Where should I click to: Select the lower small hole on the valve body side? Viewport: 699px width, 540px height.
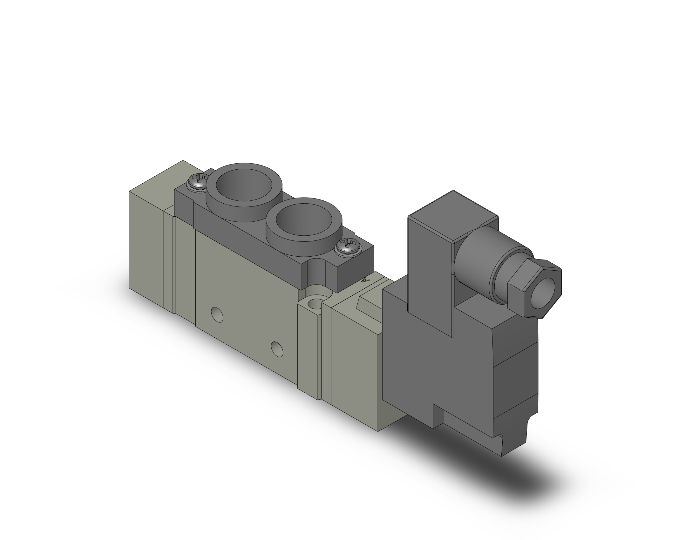tap(277, 349)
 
